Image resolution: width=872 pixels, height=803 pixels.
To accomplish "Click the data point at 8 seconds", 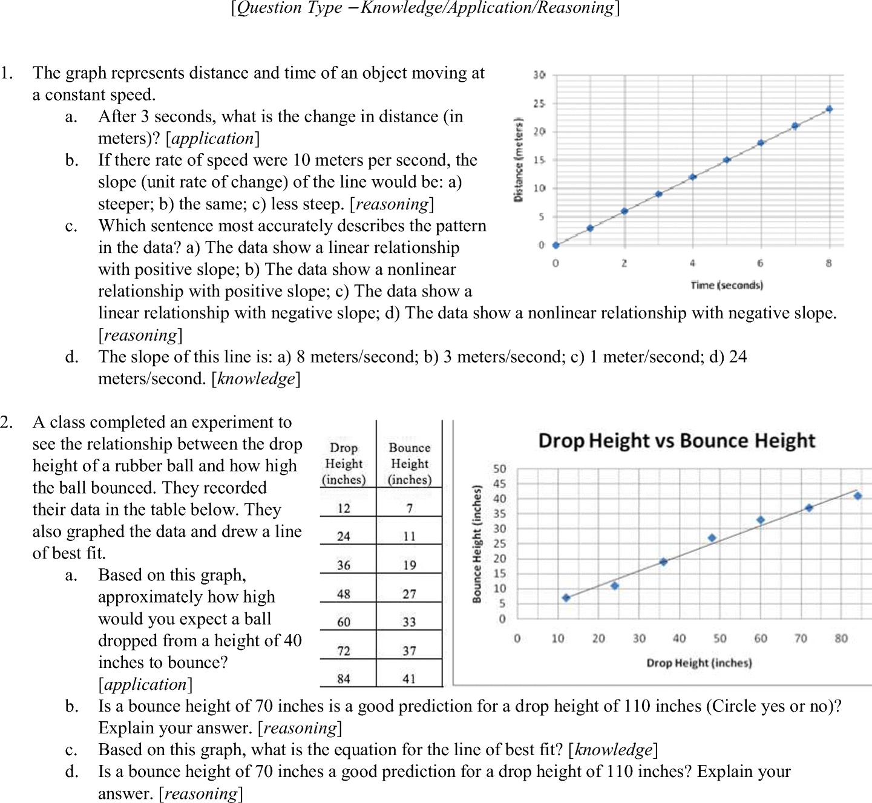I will (829, 109).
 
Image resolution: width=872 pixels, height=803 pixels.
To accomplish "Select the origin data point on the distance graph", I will (556, 245).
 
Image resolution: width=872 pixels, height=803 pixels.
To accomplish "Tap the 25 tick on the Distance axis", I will (539, 103).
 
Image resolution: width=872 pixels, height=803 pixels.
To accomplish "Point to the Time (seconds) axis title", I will (726, 285).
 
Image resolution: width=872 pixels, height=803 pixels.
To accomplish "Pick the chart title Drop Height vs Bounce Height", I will (677, 441).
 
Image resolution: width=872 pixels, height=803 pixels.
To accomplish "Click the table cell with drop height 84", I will (344, 678).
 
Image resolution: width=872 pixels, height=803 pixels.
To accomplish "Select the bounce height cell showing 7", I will (410, 508).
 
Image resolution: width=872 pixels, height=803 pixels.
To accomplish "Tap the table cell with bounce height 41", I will (410, 678).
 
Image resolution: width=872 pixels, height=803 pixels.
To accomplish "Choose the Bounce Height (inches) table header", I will (410, 464).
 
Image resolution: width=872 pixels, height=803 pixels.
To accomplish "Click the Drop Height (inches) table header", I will (344, 464).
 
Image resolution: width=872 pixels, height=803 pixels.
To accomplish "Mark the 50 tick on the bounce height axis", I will (499, 469).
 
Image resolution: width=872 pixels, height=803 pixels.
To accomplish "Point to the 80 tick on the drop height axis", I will (841, 638).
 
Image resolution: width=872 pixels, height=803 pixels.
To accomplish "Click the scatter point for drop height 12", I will (566, 598).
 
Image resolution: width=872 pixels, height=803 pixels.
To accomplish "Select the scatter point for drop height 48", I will (712, 538).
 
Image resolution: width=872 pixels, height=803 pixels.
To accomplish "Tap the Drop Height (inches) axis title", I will (699, 663).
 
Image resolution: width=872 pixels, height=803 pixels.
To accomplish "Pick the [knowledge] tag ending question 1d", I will (256, 379).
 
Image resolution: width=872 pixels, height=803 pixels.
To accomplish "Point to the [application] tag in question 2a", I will (146, 684).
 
